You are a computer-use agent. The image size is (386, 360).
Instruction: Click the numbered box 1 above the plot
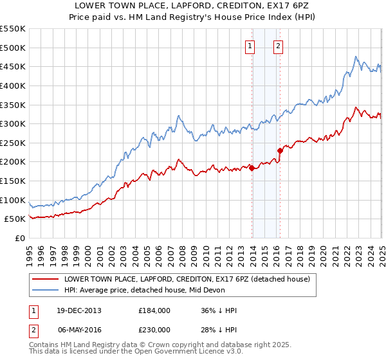[x=249, y=46]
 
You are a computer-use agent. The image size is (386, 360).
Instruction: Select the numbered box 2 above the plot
[x=278, y=46]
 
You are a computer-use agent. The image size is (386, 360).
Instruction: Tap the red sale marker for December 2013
[x=252, y=168]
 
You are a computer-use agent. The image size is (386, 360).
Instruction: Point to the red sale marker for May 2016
[x=280, y=150]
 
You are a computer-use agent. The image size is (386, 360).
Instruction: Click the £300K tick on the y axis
[x=12, y=123]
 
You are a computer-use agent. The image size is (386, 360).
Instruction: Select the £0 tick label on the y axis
[x=19, y=238]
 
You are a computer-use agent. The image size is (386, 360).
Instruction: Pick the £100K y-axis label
[x=12, y=200]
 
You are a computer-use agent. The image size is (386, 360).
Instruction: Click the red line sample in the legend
[x=44, y=279]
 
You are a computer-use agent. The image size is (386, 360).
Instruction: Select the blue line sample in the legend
[x=44, y=290]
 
